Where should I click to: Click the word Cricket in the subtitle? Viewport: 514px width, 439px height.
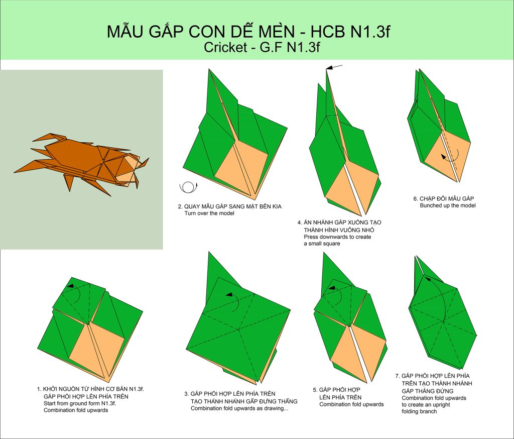[x=225, y=47]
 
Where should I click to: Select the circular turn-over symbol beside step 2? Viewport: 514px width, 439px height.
[x=189, y=187]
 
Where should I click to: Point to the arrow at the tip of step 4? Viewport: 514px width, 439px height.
[x=334, y=67]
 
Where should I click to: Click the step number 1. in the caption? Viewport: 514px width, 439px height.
[x=39, y=389]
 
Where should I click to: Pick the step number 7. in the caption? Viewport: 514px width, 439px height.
[x=398, y=376]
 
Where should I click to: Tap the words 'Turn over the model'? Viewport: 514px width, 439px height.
[x=209, y=213]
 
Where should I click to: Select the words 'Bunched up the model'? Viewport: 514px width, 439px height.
[x=447, y=205]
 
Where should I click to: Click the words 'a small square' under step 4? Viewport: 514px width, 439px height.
[x=322, y=244]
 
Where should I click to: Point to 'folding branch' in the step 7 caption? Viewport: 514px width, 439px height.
[x=419, y=411]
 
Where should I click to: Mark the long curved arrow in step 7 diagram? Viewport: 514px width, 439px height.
[x=443, y=297]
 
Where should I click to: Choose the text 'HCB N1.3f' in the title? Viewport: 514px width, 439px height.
[x=350, y=32]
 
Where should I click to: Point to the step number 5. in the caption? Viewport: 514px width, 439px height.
[x=315, y=390]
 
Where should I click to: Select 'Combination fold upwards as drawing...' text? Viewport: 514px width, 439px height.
[x=239, y=408]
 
